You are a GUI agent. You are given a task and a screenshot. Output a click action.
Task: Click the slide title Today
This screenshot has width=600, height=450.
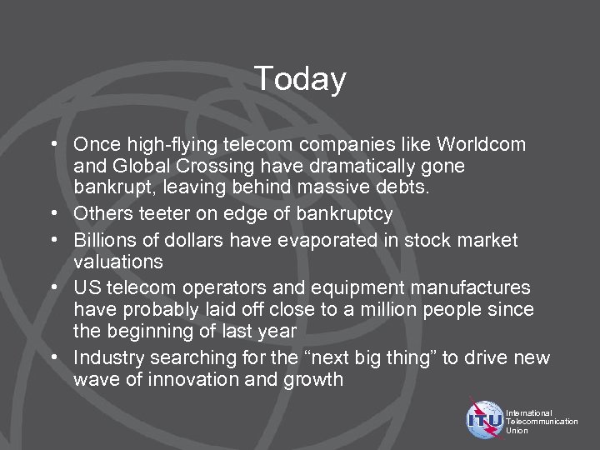point(300,79)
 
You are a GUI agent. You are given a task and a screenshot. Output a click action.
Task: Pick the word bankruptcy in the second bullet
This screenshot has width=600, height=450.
point(336,214)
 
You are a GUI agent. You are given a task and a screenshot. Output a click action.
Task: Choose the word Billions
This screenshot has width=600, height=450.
point(104,241)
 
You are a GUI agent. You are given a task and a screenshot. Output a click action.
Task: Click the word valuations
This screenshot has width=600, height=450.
point(117,262)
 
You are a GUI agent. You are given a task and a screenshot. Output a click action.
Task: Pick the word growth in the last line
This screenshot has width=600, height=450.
point(314,380)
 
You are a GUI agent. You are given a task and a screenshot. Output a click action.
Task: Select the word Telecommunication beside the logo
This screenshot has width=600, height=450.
point(542,422)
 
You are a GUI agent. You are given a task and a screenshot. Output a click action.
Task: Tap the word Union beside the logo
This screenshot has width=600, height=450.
point(517,431)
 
